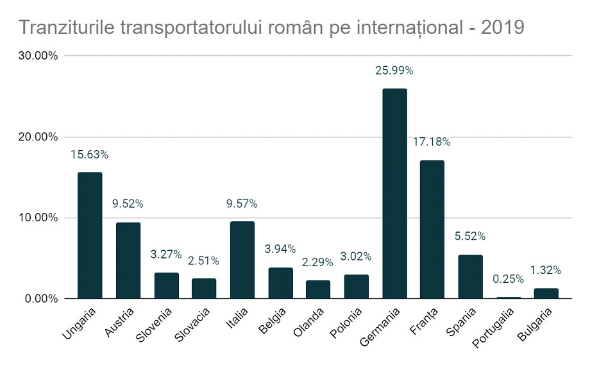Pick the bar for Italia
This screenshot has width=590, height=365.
pyautogui.click(x=242, y=260)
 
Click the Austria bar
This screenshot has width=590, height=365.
pyautogui.click(x=128, y=260)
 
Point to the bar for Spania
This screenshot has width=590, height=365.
pyautogui.click(x=470, y=276)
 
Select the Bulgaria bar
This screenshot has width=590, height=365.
pyautogui.click(x=546, y=293)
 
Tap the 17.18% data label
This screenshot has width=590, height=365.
pyautogui.click(x=432, y=142)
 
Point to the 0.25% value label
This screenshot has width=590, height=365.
pyautogui.click(x=509, y=279)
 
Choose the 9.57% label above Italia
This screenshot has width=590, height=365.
pyautogui.click(x=242, y=204)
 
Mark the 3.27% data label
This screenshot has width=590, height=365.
pyautogui.click(x=165, y=254)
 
